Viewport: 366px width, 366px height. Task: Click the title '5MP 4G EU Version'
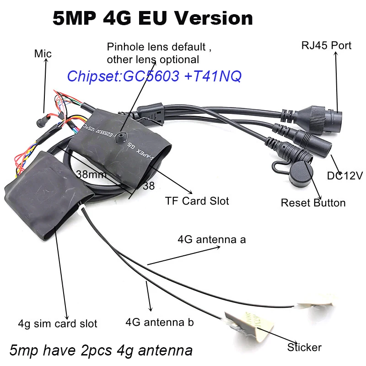(x=152, y=18)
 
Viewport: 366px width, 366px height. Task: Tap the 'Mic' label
(x=43, y=54)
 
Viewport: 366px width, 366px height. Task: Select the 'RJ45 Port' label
(x=326, y=45)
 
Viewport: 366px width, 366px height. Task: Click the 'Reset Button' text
(x=313, y=202)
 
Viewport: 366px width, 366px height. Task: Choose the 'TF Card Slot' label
(x=197, y=200)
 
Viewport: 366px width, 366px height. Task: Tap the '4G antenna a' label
(x=211, y=239)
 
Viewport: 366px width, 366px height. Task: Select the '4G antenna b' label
(x=159, y=322)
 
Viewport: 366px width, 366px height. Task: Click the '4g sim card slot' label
(x=58, y=323)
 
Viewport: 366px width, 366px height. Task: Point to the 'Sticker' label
(x=304, y=347)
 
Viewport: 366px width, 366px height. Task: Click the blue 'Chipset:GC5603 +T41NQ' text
(x=154, y=76)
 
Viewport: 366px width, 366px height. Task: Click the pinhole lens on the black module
(x=121, y=135)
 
